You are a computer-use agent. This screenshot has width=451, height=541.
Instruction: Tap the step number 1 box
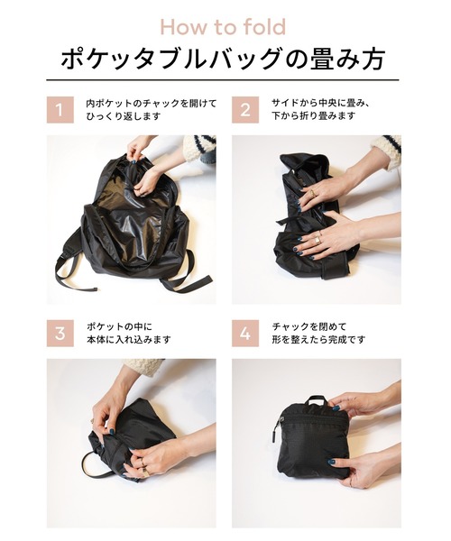(x=60, y=111)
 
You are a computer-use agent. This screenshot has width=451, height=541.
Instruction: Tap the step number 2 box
(x=245, y=111)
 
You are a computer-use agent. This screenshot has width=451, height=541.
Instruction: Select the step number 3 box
(x=60, y=333)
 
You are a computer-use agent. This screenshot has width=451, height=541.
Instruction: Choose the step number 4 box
(x=245, y=333)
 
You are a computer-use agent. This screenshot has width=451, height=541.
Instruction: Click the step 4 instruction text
(x=316, y=333)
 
